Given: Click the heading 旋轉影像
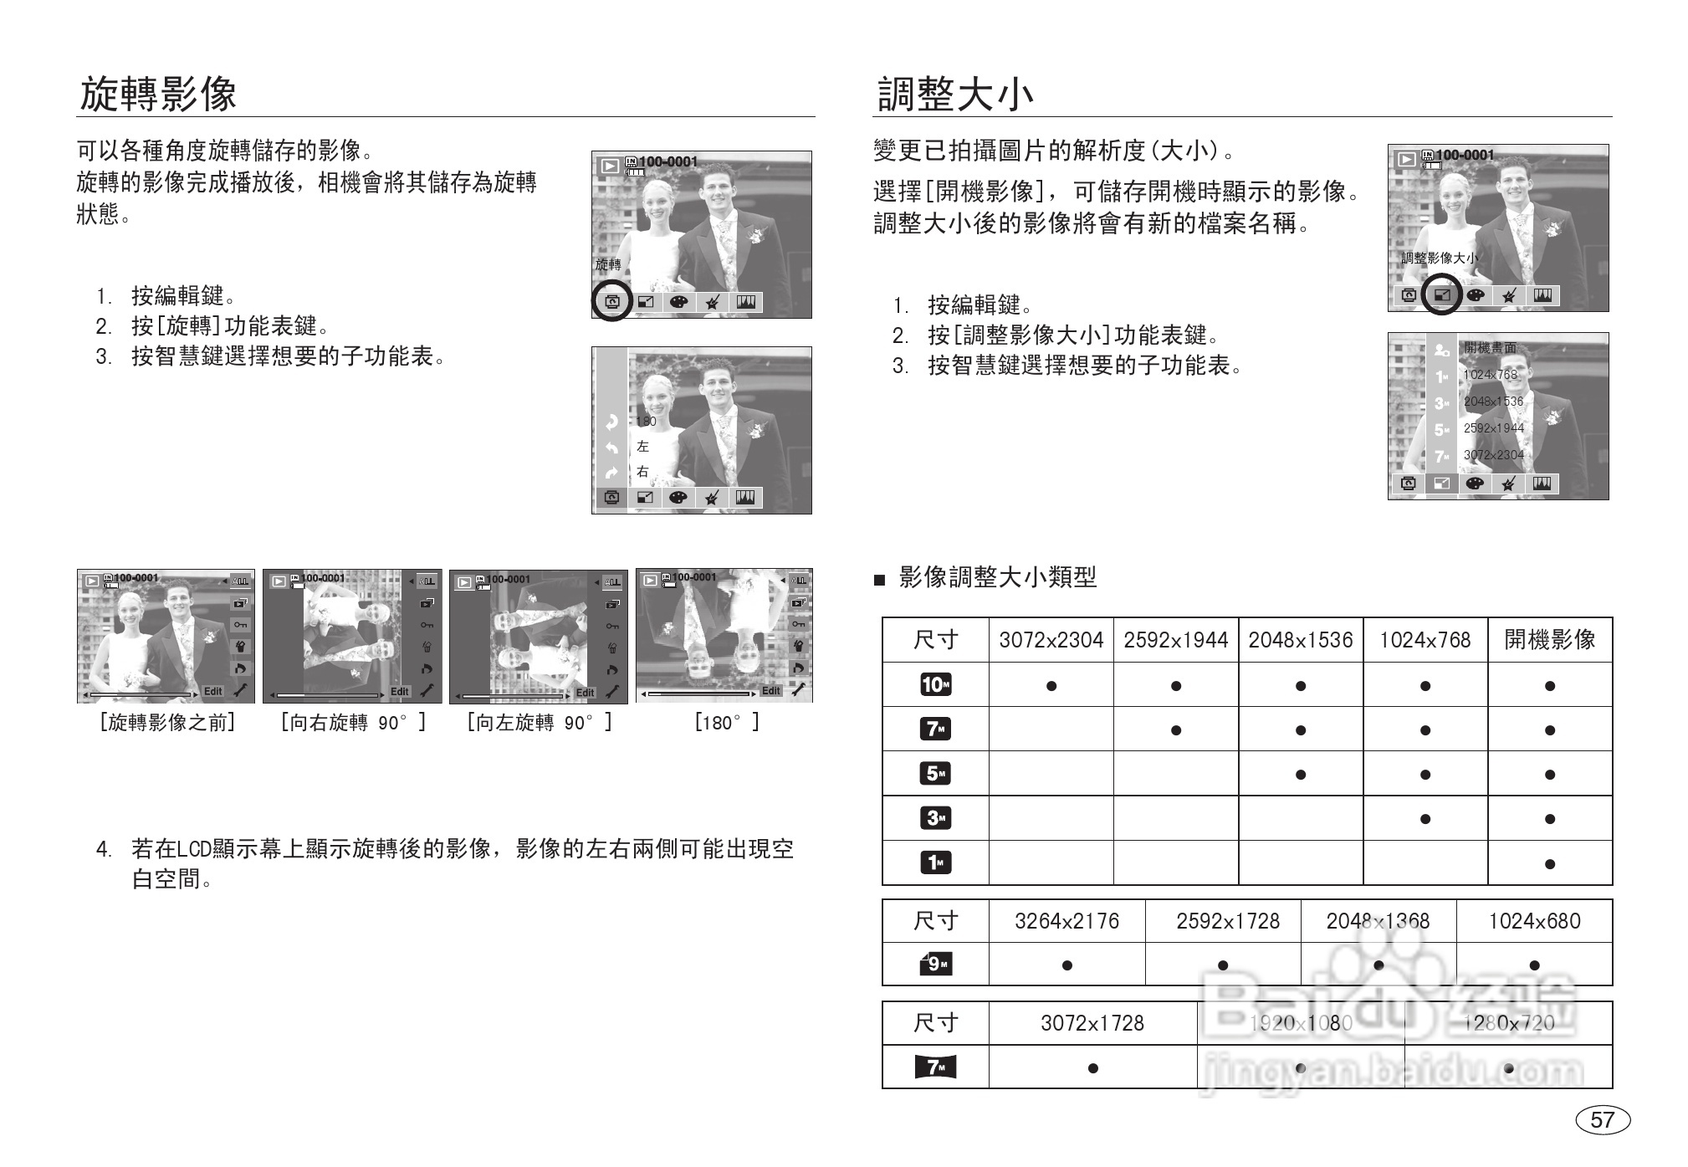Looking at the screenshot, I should click(158, 94).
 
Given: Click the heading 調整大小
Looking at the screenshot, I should click(954, 94).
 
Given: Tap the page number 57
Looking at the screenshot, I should click(1602, 1119).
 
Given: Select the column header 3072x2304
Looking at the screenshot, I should click(1051, 640).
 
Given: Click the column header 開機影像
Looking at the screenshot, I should click(1549, 640).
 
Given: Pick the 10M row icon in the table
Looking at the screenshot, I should click(935, 685).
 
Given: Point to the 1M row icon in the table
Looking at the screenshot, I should click(935, 862).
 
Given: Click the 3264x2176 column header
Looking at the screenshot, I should click(1067, 921).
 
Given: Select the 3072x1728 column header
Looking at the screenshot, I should click(1092, 1023).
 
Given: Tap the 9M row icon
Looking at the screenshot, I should click(935, 965).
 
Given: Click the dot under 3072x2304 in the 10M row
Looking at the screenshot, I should click(1051, 686).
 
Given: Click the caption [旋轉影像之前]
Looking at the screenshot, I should click(167, 723).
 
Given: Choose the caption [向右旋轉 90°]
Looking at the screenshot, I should click(353, 723).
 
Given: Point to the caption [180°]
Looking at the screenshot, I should click(725, 723).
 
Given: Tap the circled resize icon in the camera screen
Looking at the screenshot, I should click(1441, 294).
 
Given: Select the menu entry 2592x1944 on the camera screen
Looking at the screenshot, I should click(1493, 428).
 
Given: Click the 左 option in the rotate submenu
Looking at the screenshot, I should click(642, 447).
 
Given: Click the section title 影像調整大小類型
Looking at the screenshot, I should click(997, 577).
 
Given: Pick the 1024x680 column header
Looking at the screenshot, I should click(1534, 921).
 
